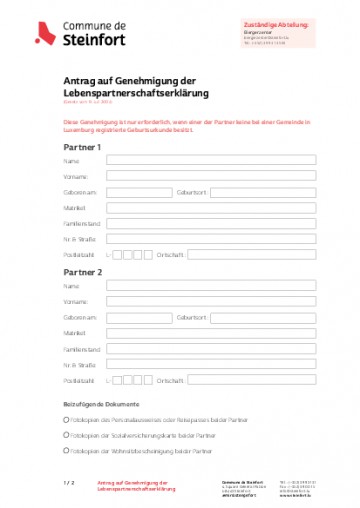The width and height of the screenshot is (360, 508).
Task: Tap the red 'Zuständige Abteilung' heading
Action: click(x=277, y=23)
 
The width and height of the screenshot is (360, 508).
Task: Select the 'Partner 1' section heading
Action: click(x=82, y=147)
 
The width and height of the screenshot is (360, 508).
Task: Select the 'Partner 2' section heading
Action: click(x=82, y=271)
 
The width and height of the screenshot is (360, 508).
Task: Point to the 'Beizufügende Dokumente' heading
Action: click(x=98, y=404)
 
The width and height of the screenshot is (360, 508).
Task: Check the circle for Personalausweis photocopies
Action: click(x=66, y=421)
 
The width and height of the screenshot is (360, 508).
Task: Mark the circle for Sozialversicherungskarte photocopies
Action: click(x=66, y=437)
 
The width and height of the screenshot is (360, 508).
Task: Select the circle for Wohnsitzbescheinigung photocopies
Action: click(x=66, y=452)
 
